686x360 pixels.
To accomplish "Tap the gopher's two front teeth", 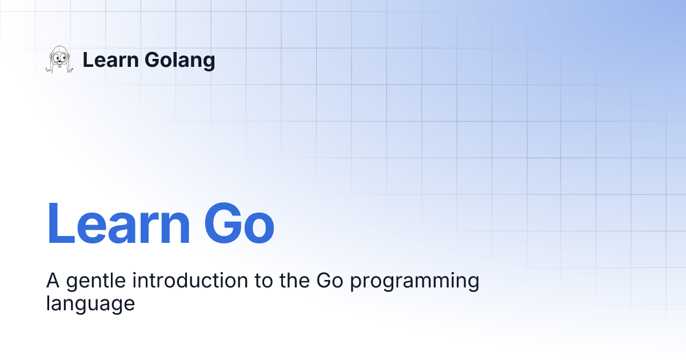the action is click(x=59, y=66).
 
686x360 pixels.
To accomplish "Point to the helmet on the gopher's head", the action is click(x=59, y=50).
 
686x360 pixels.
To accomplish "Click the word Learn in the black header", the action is click(x=110, y=59).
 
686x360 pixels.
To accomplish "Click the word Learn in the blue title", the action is click(x=118, y=223).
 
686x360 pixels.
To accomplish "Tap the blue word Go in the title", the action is click(x=239, y=223).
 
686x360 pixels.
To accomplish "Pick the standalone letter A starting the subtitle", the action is click(x=53, y=281).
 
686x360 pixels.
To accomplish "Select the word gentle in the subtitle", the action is click(x=96, y=281).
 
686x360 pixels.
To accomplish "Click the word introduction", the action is click(x=190, y=280).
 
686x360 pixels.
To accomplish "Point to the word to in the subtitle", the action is click(x=264, y=281).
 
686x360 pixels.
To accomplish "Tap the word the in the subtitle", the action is click(x=294, y=280).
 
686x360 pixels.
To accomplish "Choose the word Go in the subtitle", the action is click(x=330, y=281).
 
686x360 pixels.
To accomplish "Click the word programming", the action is click(x=414, y=281).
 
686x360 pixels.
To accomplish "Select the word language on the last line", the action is click(x=90, y=304).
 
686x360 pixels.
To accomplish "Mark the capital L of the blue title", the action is click(x=61, y=223).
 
